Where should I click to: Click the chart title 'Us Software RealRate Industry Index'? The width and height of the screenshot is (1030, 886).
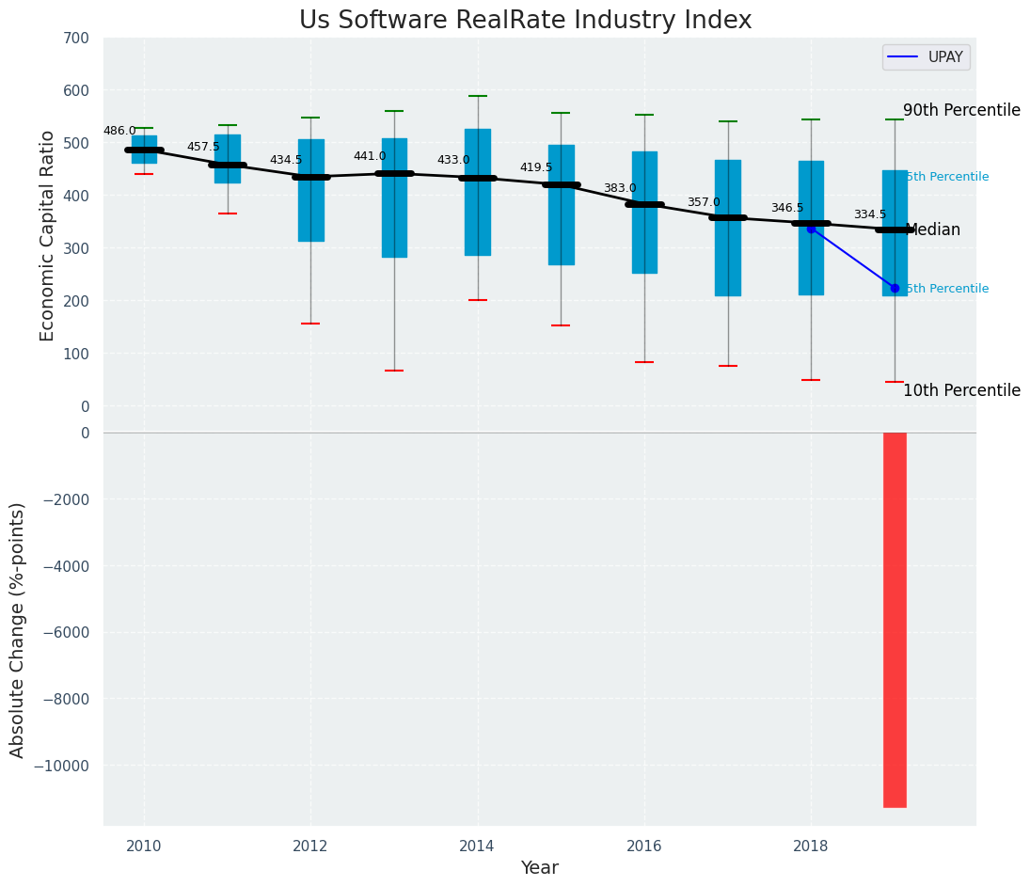(525, 21)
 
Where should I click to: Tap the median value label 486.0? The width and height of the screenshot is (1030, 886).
(119, 132)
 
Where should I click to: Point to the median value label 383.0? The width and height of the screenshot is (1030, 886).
(620, 189)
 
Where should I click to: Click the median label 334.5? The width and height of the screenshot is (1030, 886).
(870, 215)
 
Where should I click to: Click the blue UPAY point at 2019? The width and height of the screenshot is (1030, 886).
(895, 288)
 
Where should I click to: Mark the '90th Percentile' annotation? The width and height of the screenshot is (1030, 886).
(961, 110)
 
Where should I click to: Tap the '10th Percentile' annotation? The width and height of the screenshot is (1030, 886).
(961, 390)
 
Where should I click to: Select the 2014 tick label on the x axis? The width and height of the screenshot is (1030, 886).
(478, 846)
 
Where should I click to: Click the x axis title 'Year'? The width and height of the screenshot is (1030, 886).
(540, 868)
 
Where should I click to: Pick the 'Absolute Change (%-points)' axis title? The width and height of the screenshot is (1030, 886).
(18, 629)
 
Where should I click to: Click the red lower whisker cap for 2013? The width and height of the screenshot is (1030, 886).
(394, 371)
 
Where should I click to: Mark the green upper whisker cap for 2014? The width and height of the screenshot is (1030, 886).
(478, 96)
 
